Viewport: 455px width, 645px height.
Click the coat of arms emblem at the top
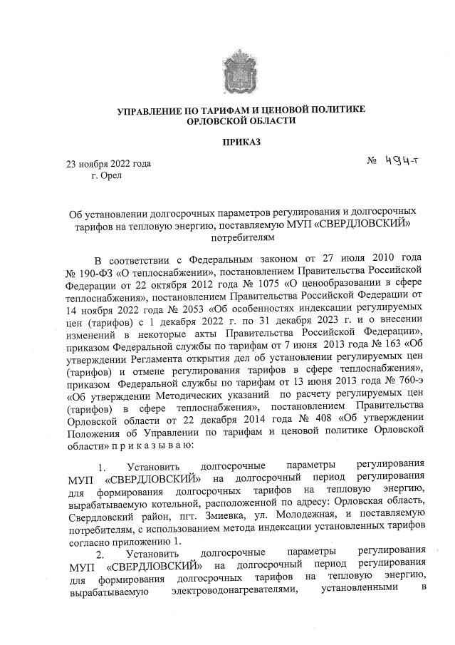pyautogui.click(x=241, y=72)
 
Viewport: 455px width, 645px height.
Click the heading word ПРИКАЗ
pyautogui.click(x=241, y=142)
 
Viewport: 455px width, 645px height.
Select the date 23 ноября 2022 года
pyautogui.click(x=108, y=163)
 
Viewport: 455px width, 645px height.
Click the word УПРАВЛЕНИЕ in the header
pyautogui.click(x=152, y=109)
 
